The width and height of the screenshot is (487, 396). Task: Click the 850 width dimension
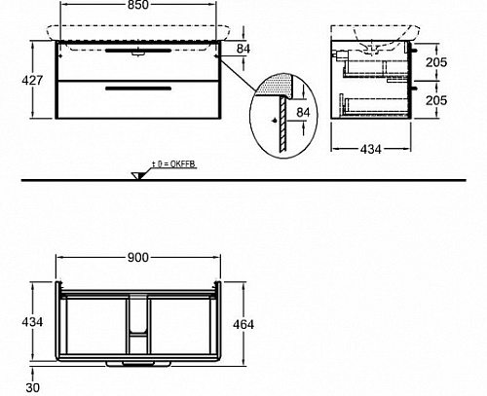pos(138,5)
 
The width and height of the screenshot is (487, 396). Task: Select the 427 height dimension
pos(32,80)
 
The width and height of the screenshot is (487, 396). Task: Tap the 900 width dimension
pos(138,258)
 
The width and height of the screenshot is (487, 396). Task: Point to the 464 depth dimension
pos(243,324)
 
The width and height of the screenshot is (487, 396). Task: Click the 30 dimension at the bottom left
pos(32,387)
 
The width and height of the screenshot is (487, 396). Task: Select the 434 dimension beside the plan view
pos(32,322)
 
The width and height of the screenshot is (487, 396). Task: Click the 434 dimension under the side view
pos(371,149)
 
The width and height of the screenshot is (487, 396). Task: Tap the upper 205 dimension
pos(436,62)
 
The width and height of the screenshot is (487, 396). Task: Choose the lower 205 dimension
pos(436,100)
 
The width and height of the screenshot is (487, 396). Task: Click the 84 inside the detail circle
pos(303,112)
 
